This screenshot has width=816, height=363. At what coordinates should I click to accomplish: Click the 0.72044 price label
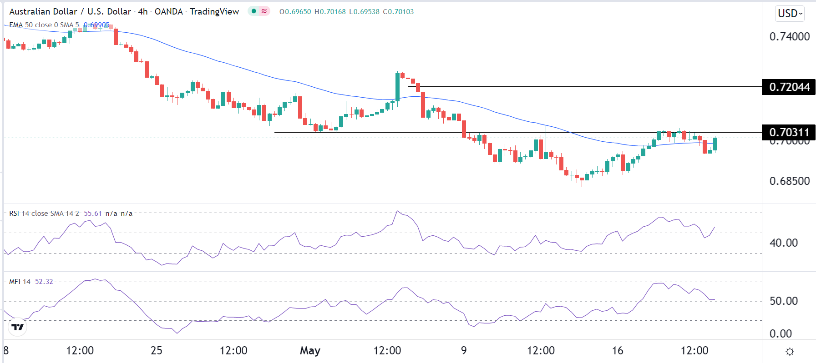[x=789, y=87]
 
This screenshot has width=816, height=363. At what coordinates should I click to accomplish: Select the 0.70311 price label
[x=789, y=132]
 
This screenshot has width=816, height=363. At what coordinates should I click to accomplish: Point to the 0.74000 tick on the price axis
[x=789, y=36]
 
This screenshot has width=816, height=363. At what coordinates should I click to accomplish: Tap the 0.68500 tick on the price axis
[x=789, y=181]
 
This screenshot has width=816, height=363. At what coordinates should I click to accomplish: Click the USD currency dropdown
[x=790, y=13]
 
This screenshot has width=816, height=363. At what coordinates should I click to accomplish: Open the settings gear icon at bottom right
[x=790, y=352]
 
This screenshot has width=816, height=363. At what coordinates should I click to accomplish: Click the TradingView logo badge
[x=17, y=327]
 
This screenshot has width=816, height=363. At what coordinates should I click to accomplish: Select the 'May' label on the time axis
[x=310, y=351]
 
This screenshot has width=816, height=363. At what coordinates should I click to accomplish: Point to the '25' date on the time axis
[x=156, y=351]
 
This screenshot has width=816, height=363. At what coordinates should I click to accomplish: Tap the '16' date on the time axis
[x=617, y=351]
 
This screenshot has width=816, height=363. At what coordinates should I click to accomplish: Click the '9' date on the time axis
[x=464, y=351]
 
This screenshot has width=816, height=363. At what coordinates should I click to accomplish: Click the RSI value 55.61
[x=93, y=213]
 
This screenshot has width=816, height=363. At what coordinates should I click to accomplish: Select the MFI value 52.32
[x=44, y=282]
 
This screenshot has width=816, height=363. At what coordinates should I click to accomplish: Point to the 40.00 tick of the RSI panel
[x=783, y=243]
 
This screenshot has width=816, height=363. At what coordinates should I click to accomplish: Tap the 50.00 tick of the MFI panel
[x=783, y=301]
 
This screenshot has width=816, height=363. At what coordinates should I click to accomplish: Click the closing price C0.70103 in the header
[x=398, y=12]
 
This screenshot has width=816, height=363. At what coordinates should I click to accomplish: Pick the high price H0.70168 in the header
[x=330, y=12]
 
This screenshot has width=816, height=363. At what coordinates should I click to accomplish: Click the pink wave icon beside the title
[x=264, y=11]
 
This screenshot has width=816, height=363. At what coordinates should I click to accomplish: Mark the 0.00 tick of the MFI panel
[x=781, y=333]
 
